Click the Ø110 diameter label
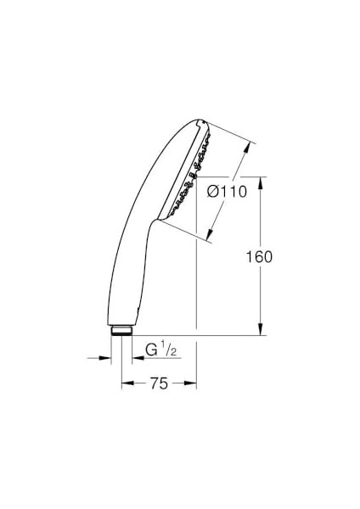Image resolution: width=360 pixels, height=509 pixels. [x=228, y=192]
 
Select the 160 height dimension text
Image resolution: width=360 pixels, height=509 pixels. [x=259, y=257]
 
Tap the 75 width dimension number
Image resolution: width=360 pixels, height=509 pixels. [x=159, y=383]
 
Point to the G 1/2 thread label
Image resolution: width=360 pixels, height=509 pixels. [x=160, y=350]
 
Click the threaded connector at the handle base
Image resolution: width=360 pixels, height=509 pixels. [x=121, y=330]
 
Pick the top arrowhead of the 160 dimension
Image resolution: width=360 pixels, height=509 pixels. [x=261, y=182]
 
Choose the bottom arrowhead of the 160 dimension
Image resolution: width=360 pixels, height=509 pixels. [x=261, y=329]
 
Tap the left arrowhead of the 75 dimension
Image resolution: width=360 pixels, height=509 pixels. [x=127, y=383]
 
